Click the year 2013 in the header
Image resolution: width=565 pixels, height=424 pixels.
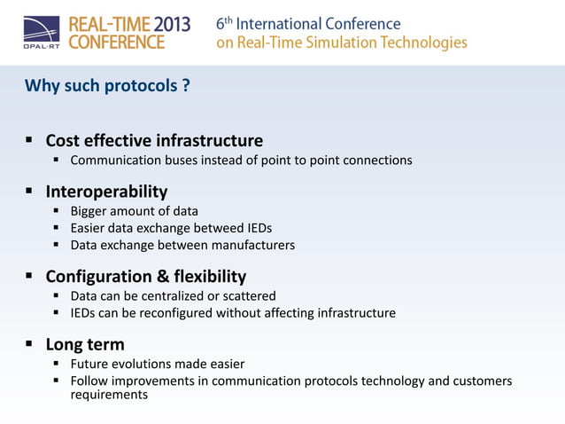(x=162, y=24)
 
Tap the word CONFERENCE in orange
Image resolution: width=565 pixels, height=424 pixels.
(x=116, y=43)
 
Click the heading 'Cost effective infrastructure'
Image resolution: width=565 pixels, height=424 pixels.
(x=154, y=140)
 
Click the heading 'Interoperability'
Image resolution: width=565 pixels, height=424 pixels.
(x=106, y=191)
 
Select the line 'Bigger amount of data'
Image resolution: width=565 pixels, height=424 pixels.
(x=134, y=211)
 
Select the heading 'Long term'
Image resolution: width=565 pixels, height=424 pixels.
(x=85, y=343)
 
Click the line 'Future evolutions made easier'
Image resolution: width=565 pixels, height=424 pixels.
(x=158, y=364)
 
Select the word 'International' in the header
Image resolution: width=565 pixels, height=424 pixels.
(x=283, y=24)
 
